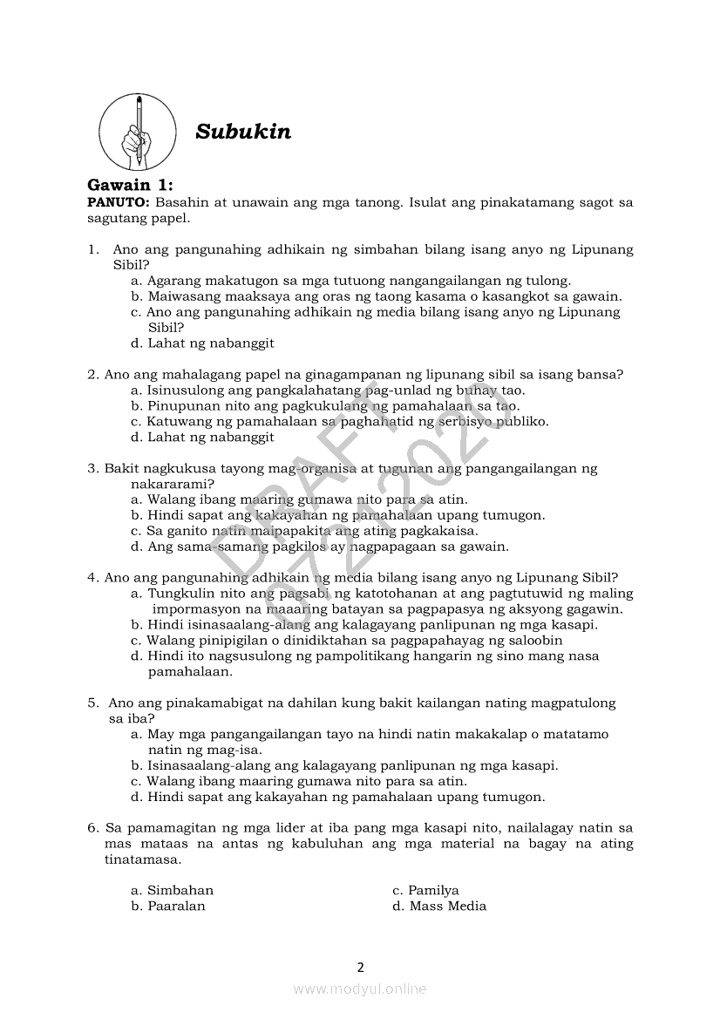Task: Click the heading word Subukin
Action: click(243, 132)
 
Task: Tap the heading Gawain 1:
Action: click(131, 185)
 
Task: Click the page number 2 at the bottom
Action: click(360, 967)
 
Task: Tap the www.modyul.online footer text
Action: click(360, 988)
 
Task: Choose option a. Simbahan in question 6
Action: click(173, 890)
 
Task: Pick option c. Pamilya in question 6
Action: click(425, 890)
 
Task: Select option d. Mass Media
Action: click(439, 906)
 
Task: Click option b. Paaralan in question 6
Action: click(168, 906)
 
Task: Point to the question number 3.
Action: click(92, 468)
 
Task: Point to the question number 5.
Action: click(92, 703)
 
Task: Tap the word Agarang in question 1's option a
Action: click(173, 281)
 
